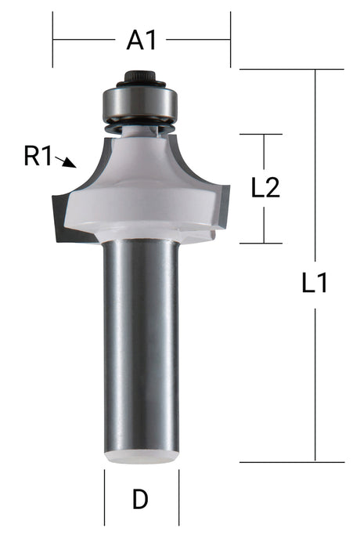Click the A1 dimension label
pos(141,40)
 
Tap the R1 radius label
pos(38,157)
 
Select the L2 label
pos(265,189)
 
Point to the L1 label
pos(315,284)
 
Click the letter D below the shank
pos(141,499)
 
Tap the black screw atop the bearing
pos(142,78)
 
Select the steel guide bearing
pos(142,103)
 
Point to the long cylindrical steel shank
pos(142,345)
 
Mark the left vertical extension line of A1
pos(52,39)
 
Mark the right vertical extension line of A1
pos(230,39)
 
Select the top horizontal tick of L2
pos(261,134)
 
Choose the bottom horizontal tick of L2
pos(261,244)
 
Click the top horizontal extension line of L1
pos(290,70)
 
